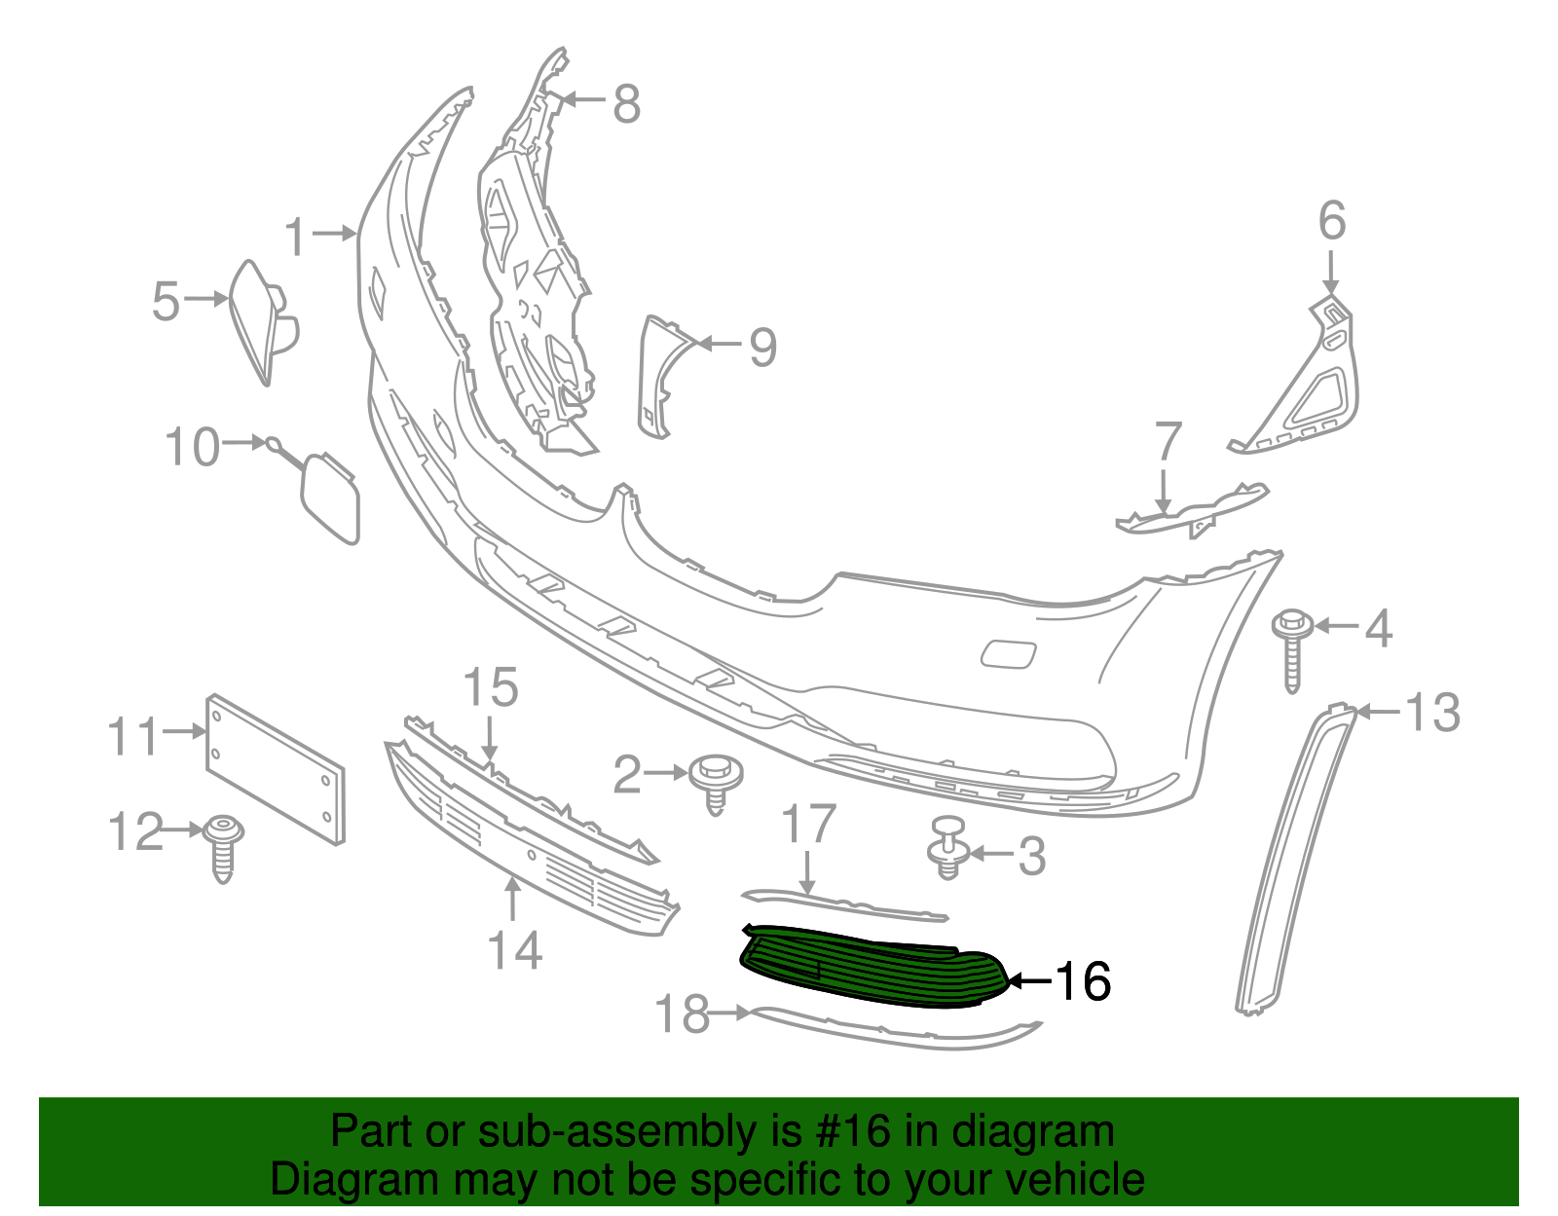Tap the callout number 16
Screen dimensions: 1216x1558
(1083, 981)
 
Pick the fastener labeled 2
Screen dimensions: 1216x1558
(716, 780)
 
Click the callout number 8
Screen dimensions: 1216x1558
(626, 102)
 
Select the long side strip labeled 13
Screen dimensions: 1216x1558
(1295, 857)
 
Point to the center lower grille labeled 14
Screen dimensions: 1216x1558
(526, 857)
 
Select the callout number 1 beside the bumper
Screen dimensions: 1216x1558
(296, 236)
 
